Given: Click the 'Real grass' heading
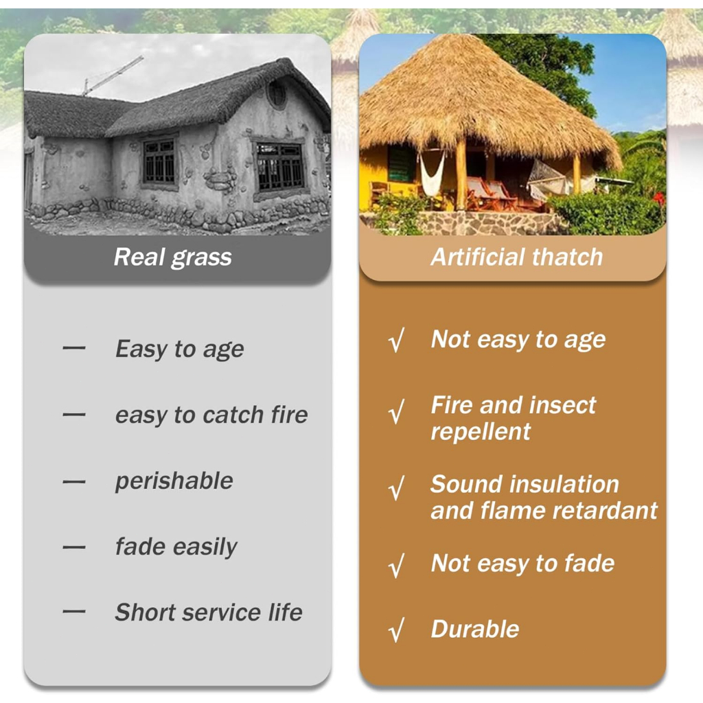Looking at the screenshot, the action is click(x=172, y=257).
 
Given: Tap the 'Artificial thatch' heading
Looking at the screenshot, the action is click(x=516, y=257).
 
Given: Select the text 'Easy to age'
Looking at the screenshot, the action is click(x=179, y=349).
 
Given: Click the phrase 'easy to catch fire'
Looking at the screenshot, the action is click(x=211, y=415).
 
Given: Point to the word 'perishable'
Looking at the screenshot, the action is click(x=174, y=481).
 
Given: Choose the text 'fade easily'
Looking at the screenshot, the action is click(x=176, y=547).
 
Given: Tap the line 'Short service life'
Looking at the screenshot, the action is click(x=209, y=612).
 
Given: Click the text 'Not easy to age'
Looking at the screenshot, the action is click(x=518, y=339).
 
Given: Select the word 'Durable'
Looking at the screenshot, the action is click(x=475, y=629).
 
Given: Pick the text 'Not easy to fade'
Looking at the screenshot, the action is click(x=522, y=564).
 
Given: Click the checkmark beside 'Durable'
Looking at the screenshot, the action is click(x=396, y=630).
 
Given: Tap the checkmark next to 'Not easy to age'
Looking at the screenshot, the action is click(x=396, y=340).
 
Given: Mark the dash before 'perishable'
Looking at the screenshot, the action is click(x=74, y=482).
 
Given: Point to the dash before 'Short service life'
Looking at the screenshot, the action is click(x=74, y=611).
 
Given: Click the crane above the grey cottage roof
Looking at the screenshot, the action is click(x=112, y=76).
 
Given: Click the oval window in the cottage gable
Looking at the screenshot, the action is click(x=277, y=95).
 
